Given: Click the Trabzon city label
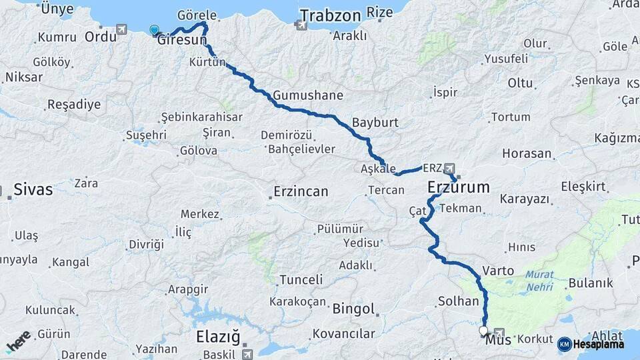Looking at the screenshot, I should pyautogui.click(x=330, y=15).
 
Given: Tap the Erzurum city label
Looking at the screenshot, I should pyautogui.click(x=459, y=187).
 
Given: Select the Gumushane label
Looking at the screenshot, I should pyautogui.click(x=308, y=95).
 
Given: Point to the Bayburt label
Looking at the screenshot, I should pyautogui.click(x=375, y=123).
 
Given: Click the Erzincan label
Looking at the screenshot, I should pyautogui.click(x=301, y=192).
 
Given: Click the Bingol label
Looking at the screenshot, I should pyautogui.click(x=353, y=309).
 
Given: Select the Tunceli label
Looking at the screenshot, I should pyautogui.click(x=301, y=280).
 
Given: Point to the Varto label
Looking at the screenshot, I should pyautogui.click(x=498, y=271).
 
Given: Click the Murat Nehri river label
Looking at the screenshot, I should pyautogui.click(x=539, y=280).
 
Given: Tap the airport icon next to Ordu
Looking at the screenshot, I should pyautogui.click(x=121, y=30).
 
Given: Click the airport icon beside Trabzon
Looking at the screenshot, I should pyautogui.click(x=301, y=25).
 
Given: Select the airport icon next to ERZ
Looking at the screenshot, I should pyautogui.click(x=450, y=168).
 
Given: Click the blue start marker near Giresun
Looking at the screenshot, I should pyautogui.click(x=155, y=30).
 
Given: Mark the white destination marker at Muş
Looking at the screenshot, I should pyautogui.click(x=483, y=330).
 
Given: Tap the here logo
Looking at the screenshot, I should pyautogui.click(x=19, y=341).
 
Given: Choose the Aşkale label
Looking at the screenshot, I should pyautogui.click(x=378, y=169).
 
